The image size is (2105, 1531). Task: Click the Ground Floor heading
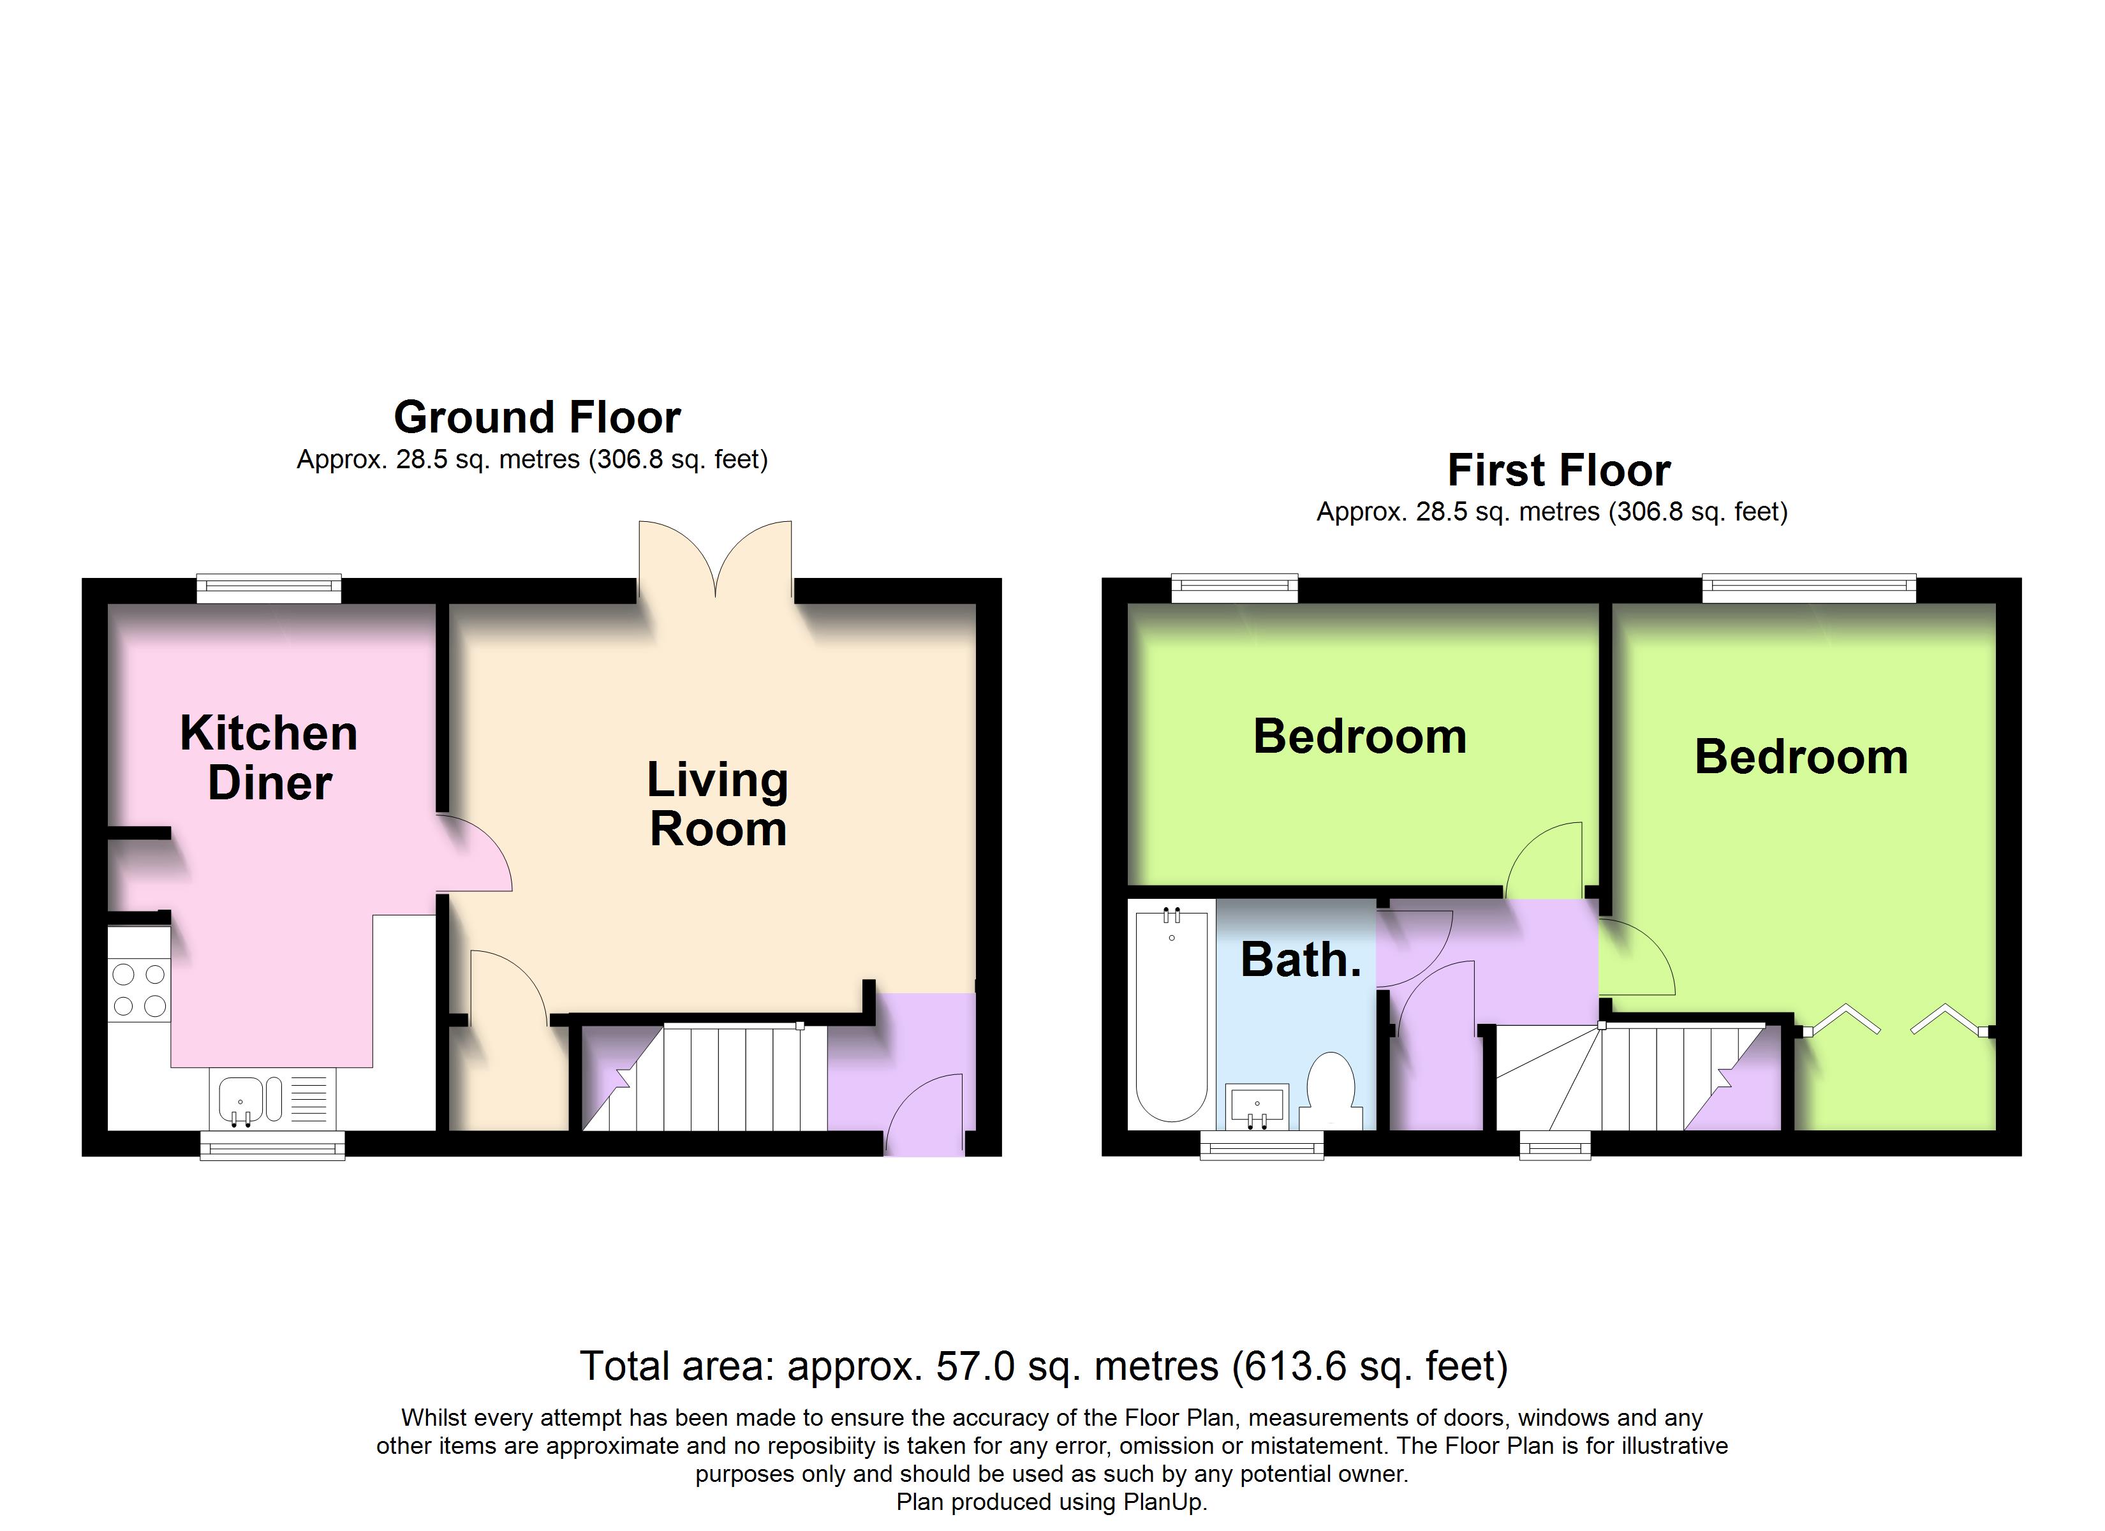[x=536, y=418]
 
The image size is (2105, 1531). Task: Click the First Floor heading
[x=1558, y=471]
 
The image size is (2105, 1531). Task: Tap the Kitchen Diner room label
[x=269, y=758]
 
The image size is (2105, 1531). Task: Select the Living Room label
[x=718, y=804]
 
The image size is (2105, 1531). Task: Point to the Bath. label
[x=1300, y=960]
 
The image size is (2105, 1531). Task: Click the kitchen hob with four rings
[x=139, y=989]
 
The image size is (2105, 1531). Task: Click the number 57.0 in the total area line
[x=975, y=1366]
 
